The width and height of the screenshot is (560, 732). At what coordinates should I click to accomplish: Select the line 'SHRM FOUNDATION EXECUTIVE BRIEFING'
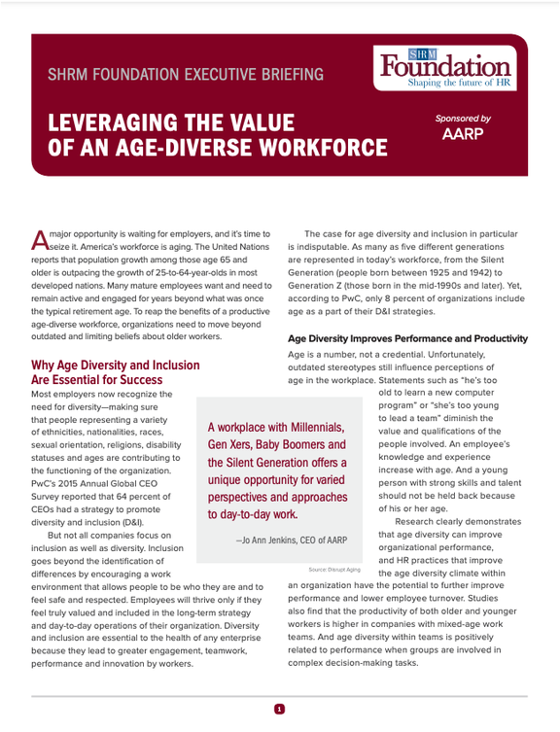(187, 75)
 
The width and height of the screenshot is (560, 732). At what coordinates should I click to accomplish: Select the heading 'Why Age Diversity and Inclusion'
(116, 366)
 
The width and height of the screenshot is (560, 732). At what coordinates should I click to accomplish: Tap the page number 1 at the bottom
(279, 710)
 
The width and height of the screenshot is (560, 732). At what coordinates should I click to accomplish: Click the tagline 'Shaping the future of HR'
(458, 85)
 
